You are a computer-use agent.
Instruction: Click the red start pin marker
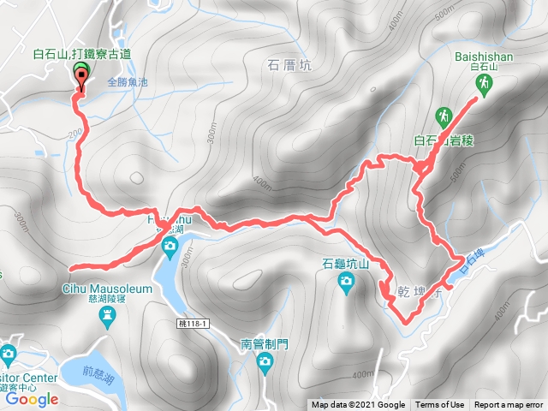82,78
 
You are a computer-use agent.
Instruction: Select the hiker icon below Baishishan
484,83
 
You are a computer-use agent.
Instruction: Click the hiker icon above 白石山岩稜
444,115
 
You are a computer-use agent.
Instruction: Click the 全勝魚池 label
128,83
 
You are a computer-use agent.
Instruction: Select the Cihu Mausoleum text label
106,289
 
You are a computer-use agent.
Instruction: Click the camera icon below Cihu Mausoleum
106,319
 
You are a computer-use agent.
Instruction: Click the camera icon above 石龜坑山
345,287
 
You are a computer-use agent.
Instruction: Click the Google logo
31,399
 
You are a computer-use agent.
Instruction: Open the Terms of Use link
440,405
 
